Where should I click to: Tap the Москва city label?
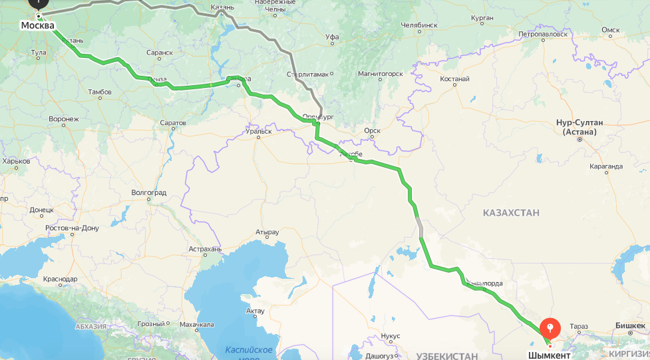click(x=37, y=26)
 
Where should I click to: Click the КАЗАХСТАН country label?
click(x=512, y=212)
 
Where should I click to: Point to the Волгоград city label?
click(x=148, y=192)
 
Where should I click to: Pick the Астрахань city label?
click(x=205, y=249)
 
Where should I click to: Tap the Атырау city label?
click(x=267, y=232)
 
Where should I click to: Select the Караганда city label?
click(x=605, y=166)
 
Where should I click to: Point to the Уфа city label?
click(x=331, y=37)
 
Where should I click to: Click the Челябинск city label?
click(x=420, y=25)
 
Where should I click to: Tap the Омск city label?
click(x=610, y=30)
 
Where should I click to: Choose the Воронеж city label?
click(x=64, y=119)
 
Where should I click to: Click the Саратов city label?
click(x=173, y=123)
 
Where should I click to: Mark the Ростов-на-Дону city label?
click(x=72, y=228)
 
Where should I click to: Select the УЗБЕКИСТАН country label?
click(x=448, y=356)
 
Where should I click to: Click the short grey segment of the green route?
click(x=419, y=228)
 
